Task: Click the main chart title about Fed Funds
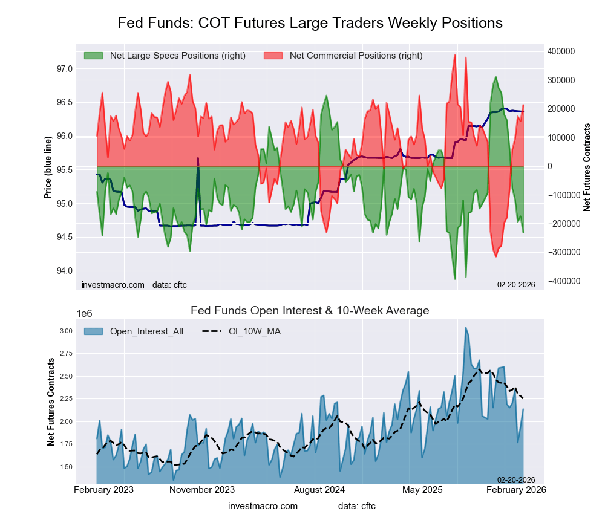310,23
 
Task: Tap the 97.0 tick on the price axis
64,69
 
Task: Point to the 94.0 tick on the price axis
64,270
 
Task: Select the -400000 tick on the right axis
564,281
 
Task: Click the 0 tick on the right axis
551,166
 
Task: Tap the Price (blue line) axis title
48,166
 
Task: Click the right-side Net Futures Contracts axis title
586,166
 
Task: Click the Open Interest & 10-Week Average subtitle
310,311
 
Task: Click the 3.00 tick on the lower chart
65,331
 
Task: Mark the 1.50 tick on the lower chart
65,467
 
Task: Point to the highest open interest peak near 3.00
465,328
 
